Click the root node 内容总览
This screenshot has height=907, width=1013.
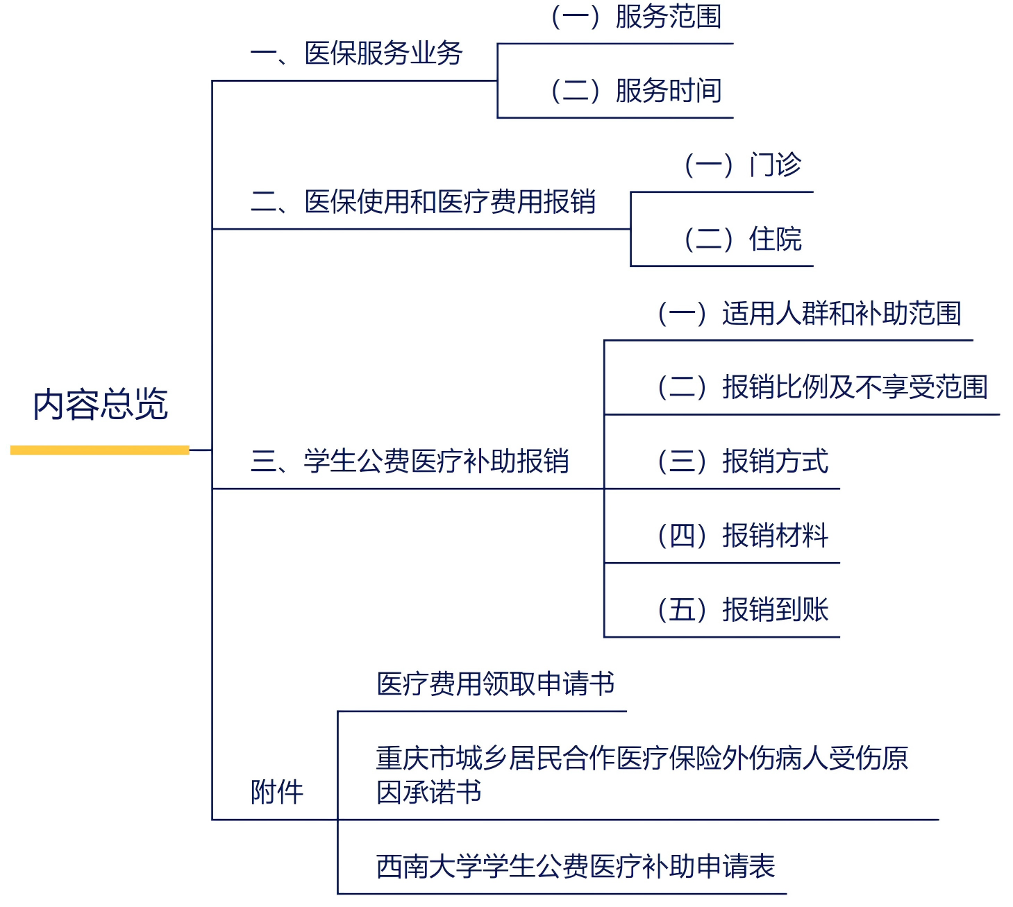click(101, 405)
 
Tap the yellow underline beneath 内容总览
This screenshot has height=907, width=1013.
click(100, 450)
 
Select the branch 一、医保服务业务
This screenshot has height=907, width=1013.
click(357, 53)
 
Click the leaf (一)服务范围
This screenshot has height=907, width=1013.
click(636, 17)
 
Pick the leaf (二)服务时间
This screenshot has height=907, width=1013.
click(636, 91)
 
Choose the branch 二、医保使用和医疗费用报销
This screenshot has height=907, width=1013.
click(424, 202)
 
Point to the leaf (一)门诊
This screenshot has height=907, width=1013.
click(742, 165)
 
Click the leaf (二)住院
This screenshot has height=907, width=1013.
click(742, 239)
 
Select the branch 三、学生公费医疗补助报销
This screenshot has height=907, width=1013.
click(410, 461)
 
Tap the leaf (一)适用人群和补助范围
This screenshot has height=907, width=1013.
click(809, 314)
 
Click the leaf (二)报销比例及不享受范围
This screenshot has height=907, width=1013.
click(822, 387)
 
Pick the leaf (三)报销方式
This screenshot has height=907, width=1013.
click(742, 461)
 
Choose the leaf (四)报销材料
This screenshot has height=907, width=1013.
click(742, 536)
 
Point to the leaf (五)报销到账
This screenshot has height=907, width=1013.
click(742, 610)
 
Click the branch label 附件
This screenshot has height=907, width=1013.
click(277, 792)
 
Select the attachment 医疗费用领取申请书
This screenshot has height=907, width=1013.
click(496, 684)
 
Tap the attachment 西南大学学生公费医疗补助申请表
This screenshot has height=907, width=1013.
click(576, 867)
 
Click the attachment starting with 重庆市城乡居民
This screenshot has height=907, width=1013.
click(642, 758)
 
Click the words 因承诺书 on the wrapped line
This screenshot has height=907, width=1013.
click(429, 792)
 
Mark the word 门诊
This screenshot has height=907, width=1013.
click(775, 165)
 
